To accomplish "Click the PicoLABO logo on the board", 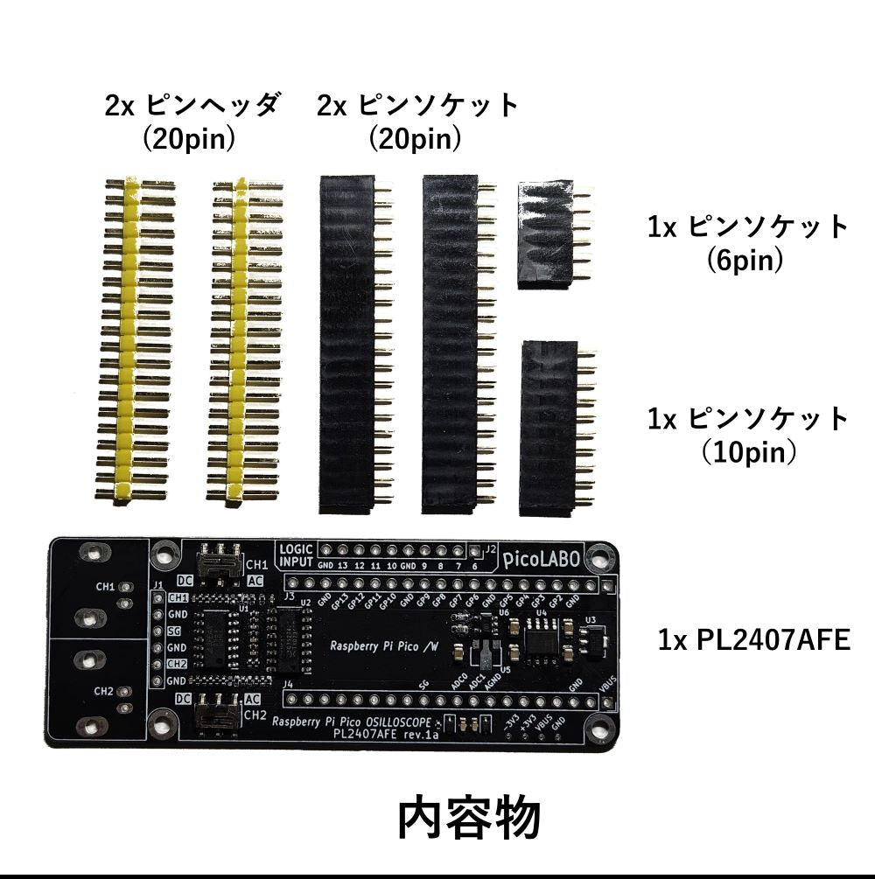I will pyautogui.click(x=542, y=560).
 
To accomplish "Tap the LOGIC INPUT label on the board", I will pyautogui.click(x=295, y=555).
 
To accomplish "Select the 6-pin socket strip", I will pyautogui.click(x=545, y=234).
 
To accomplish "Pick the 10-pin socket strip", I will pyautogui.click(x=549, y=429).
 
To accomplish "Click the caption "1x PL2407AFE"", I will pyautogui.click(x=753, y=640).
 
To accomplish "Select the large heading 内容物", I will pyautogui.click(x=469, y=819).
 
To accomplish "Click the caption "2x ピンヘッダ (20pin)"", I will pyautogui.click(x=192, y=122).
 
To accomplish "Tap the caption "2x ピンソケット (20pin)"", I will pyautogui.click(x=417, y=122).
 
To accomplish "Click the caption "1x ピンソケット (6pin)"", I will pyautogui.click(x=748, y=242).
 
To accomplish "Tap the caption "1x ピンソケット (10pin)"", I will pyautogui.click(x=748, y=434).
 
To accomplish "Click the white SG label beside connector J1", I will pyautogui.click(x=175, y=631).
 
